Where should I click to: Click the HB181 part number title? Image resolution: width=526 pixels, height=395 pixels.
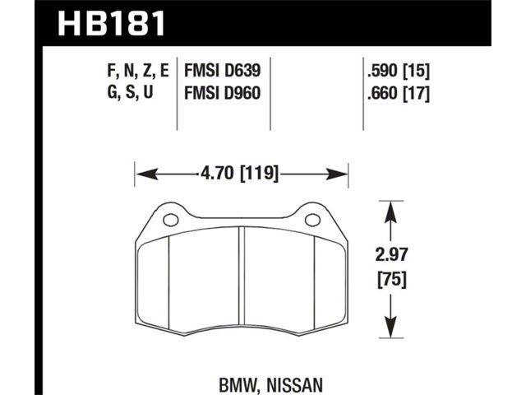coord(112,23)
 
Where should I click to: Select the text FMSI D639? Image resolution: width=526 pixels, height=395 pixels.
coord(222,71)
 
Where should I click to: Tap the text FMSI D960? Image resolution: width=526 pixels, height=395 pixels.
coord(222,93)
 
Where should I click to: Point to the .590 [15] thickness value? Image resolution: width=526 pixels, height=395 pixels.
coord(398,72)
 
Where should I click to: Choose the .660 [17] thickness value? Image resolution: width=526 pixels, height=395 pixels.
coord(398,93)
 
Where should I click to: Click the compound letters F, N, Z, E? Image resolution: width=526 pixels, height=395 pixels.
coord(137,72)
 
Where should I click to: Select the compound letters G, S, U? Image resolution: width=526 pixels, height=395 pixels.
coord(130,92)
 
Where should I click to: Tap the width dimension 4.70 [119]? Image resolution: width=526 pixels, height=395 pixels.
coord(239,174)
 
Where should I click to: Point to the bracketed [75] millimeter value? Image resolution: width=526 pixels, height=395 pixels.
coord(392,280)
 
